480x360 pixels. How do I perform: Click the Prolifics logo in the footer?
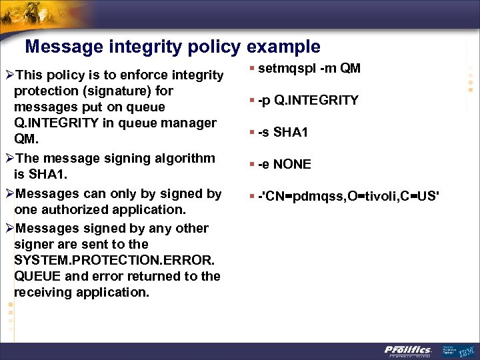point(408,350)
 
